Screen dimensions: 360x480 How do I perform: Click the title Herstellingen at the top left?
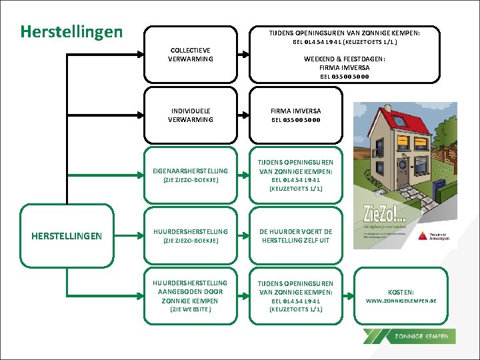(x=71, y=31)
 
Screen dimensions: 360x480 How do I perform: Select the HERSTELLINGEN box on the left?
(x=67, y=236)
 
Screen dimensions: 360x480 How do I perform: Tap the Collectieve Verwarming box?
(x=191, y=55)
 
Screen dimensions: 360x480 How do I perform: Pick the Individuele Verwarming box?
(x=191, y=115)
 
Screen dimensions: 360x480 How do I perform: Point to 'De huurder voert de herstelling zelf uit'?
(x=295, y=236)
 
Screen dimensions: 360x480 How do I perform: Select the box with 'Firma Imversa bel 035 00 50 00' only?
(x=295, y=115)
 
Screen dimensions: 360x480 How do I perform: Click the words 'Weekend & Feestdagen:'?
(x=344, y=59)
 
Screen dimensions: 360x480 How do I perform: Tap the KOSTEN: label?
(x=401, y=292)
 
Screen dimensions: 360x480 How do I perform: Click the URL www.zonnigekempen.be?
(x=401, y=301)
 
